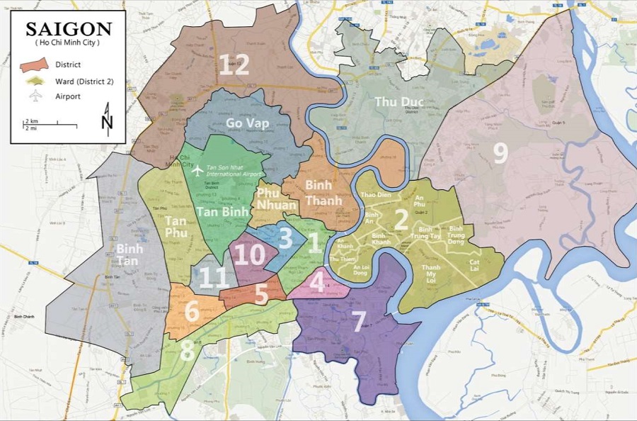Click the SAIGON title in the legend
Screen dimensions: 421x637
click(69, 29)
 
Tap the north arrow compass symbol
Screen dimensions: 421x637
click(107, 119)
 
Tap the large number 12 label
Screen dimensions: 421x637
click(234, 65)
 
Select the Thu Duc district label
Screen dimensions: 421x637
click(399, 102)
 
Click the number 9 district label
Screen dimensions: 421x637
click(500, 153)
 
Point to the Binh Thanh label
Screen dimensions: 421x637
click(323, 192)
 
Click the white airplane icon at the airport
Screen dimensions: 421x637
click(197, 170)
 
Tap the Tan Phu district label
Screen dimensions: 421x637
click(176, 226)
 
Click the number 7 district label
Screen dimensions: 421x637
click(359, 321)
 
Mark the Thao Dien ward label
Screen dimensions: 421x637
click(377, 194)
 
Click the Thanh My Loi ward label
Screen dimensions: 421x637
click(430, 272)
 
